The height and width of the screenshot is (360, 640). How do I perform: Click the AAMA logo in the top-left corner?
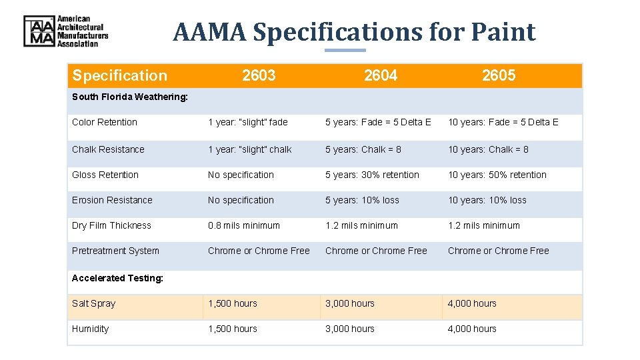[65, 31]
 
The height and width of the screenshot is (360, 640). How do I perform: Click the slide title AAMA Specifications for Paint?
[354, 32]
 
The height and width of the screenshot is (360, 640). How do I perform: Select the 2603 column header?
[259, 75]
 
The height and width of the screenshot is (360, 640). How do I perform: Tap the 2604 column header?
[381, 75]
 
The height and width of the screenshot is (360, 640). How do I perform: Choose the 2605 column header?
[499, 75]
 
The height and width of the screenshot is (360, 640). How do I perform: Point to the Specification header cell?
[119, 75]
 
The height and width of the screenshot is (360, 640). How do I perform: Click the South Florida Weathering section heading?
[130, 97]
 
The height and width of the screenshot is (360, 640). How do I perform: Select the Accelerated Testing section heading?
[117, 278]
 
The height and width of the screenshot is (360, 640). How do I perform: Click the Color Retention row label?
[105, 122]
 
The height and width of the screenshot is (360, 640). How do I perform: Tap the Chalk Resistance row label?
[108, 149]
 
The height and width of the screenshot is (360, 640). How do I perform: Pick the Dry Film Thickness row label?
[111, 225]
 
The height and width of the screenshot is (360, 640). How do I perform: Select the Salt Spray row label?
[93, 303]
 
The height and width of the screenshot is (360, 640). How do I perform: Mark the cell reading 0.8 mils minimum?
[244, 225]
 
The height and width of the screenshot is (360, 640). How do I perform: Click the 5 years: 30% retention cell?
[372, 175]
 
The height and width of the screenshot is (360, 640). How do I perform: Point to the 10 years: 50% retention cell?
[497, 175]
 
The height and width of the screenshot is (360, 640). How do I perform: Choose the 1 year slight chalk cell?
[249, 149]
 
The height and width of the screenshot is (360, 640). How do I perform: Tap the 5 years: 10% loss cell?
[362, 200]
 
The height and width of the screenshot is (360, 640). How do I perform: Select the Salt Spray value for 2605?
[472, 303]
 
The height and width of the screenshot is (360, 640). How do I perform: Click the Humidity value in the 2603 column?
[232, 329]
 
